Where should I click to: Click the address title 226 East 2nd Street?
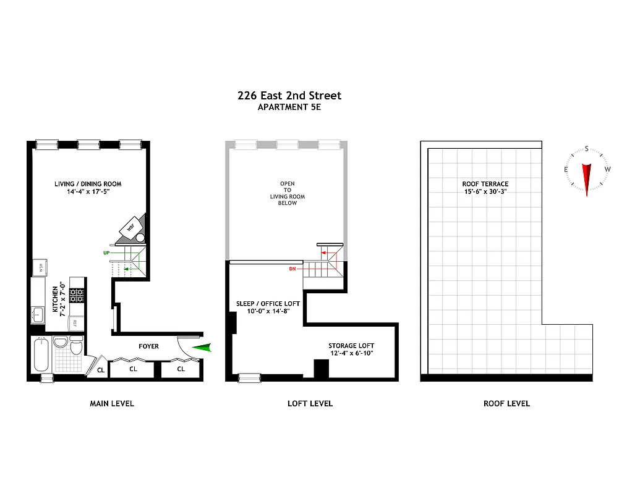289,96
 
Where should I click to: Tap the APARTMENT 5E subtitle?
289,107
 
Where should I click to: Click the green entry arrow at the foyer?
202,349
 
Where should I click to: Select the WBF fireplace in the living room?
131,227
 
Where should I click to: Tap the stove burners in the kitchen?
77,295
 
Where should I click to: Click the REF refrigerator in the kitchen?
77,322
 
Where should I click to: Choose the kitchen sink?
38,314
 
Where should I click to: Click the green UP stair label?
107,253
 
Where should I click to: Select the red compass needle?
587,178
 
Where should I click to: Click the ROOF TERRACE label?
485,184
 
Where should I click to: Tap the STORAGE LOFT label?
351,346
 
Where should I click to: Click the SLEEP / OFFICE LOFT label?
268,304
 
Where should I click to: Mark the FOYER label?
148,346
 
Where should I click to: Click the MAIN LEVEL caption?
112,403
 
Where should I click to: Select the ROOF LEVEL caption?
506,403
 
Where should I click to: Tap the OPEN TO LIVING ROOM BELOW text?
288,193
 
